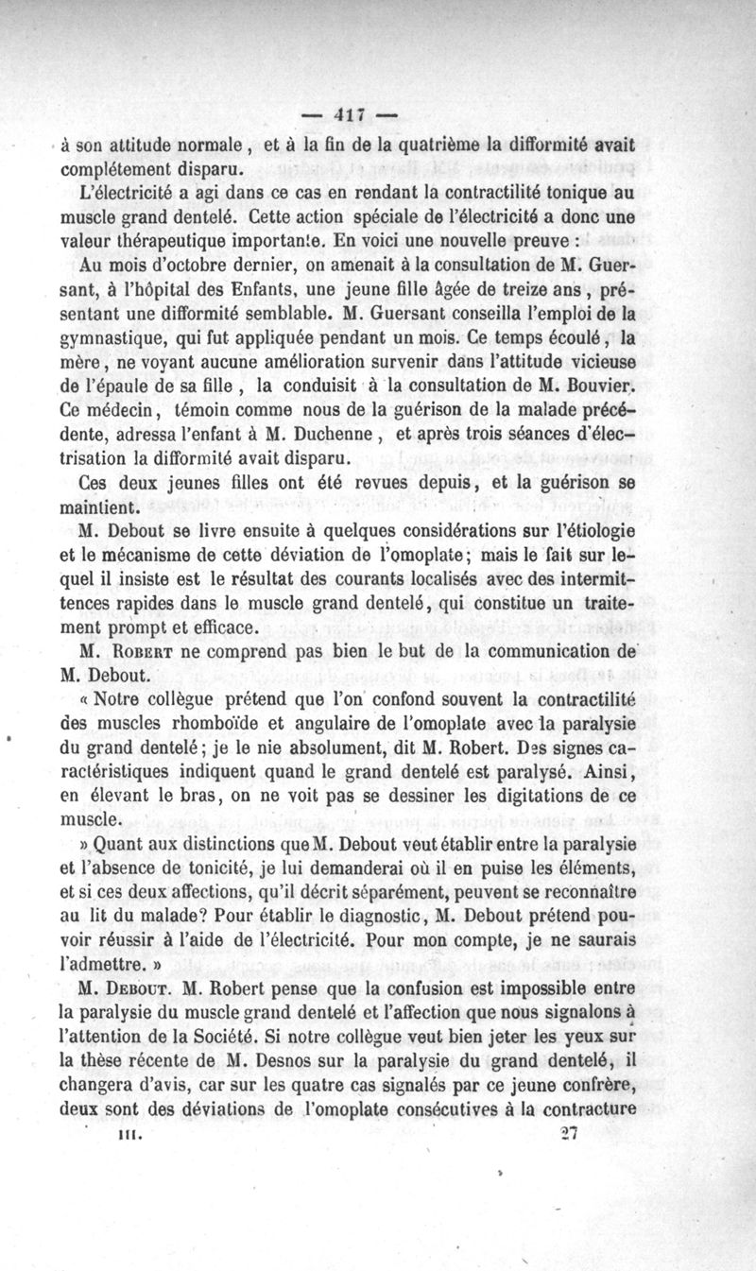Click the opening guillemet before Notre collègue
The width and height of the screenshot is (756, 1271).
pyautogui.click(x=87, y=701)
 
